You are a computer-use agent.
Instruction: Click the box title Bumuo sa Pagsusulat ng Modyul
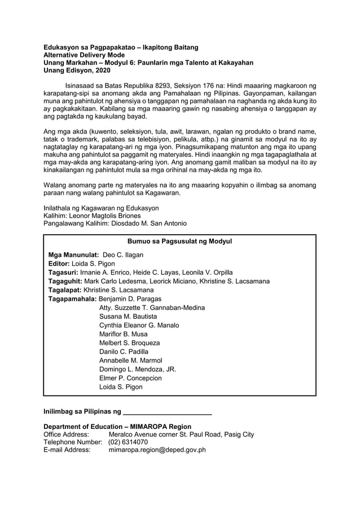coord(179,242)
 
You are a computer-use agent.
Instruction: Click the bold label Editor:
coord(59,264)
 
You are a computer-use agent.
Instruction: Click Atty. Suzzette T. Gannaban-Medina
coord(152,308)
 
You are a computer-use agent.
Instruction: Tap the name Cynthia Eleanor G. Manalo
coord(139,326)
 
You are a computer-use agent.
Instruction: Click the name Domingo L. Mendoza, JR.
coord(137,369)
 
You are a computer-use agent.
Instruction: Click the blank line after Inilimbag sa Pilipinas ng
coord(167,409)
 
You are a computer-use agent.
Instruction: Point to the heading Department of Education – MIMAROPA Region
coord(117,427)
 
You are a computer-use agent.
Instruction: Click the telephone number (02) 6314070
coord(129,442)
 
